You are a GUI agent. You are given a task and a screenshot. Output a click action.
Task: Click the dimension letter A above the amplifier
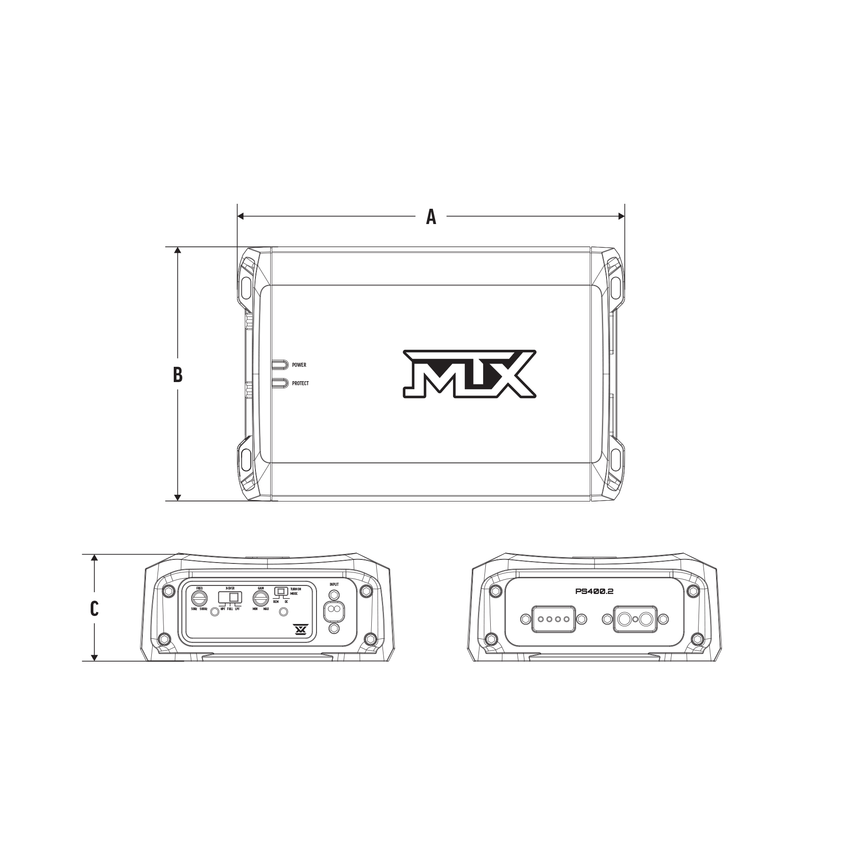pos(431,217)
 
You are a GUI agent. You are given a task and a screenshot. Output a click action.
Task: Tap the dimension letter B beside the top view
pos(178,375)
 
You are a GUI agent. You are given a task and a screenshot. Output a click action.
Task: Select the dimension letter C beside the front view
pos(94,608)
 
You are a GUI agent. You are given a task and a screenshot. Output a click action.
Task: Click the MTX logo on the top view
pos(470,374)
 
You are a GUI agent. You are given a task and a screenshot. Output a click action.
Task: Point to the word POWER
pos(299,365)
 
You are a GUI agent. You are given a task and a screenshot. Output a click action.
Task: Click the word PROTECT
pos(300,383)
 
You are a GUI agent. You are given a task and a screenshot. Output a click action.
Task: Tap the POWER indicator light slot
pos(279,365)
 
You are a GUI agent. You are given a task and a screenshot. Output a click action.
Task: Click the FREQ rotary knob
pos(199,598)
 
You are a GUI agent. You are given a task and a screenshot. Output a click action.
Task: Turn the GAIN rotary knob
pos(260,598)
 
